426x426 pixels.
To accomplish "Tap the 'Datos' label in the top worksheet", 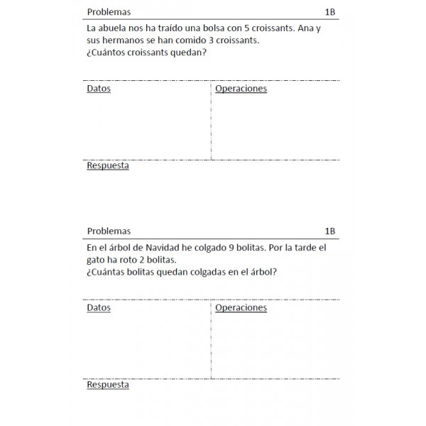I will (x=99, y=89).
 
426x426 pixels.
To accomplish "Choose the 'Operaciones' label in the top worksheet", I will (x=241, y=89).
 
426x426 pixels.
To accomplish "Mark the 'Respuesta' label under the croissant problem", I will (x=108, y=165).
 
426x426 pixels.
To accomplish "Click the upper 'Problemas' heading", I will (x=109, y=12).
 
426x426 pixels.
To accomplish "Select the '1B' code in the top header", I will (x=329, y=12).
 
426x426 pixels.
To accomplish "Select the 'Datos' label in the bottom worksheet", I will (x=99, y=308).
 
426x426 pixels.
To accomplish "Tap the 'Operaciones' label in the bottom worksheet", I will (x=241, y=308).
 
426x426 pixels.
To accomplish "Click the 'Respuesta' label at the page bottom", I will (x=108, y=384).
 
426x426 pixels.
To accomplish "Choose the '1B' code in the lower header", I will (x=329, y=231).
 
